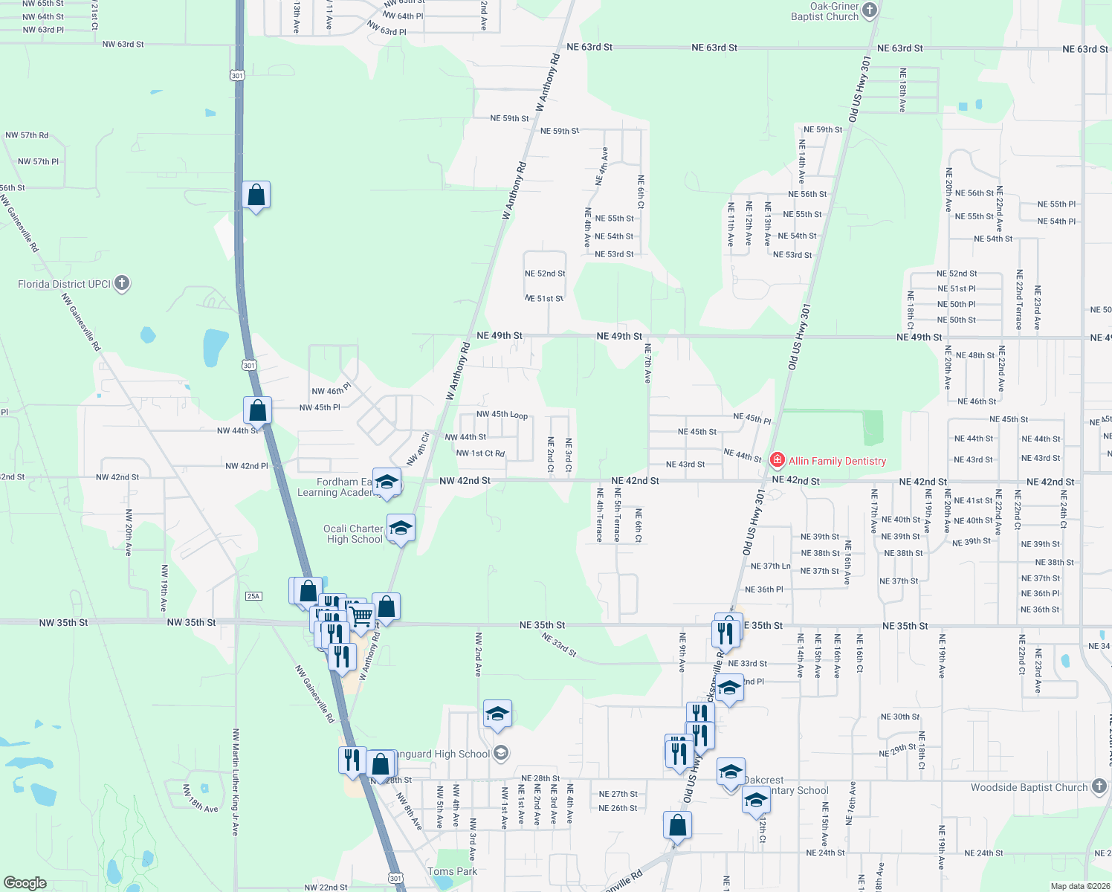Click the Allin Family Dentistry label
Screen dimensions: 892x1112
click(x=837, y=461)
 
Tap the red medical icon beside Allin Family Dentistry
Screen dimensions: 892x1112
click(x=778, y=460)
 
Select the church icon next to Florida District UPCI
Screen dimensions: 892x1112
click(x=123, y=283)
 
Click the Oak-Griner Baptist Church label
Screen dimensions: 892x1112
click(x=824, y=11)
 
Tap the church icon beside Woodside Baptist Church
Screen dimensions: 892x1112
click(x=1099, y=787)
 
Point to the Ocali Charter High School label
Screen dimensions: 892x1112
click(x=354, y=534)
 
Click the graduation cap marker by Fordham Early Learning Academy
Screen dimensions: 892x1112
click(x=387, y=482)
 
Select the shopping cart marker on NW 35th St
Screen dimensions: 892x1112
click(x=361, y=615)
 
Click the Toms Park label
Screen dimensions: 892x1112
click(x=452, y=871)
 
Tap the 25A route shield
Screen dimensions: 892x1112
click(x=253, y=596)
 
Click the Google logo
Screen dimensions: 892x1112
click(x=25, y=882)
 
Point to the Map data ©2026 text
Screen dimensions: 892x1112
click(x=1079, y=886)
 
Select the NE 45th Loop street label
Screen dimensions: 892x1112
click(x=502, y=415)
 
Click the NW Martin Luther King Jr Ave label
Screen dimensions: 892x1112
click(x=236, y=782)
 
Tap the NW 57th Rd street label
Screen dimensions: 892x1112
click(x=27, y=135)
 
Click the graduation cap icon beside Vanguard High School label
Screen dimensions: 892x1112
click(x=501, y=754)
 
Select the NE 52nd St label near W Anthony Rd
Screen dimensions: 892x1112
click(x=545, y=274)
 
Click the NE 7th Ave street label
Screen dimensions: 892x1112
click(x=647, y=363)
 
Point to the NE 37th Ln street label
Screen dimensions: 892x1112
click(x=770, y=566)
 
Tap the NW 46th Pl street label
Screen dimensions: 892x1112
click(x=331, y=391)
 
